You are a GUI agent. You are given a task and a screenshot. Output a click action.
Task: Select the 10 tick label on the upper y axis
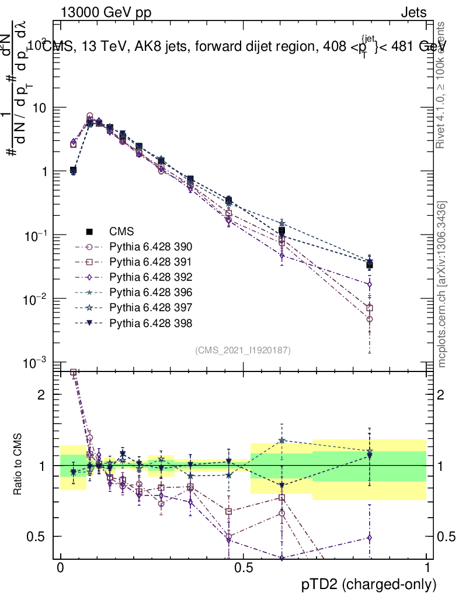pyautogui.click(x=39, y=108)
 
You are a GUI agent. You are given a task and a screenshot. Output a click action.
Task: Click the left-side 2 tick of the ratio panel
pyautogui.click(x=41, y=395)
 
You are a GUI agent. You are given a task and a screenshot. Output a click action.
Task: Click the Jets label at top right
pyautogui.click(x=413, y=12)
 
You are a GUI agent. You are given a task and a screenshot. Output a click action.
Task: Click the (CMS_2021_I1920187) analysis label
pyautogui.click(x=243, y=350)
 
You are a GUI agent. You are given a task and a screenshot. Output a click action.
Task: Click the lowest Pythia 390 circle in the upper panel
pyautogui.click(x=370, y=319)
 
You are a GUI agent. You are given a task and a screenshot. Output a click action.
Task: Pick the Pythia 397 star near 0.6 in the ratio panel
pyautogui.click(x=282, y=440)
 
